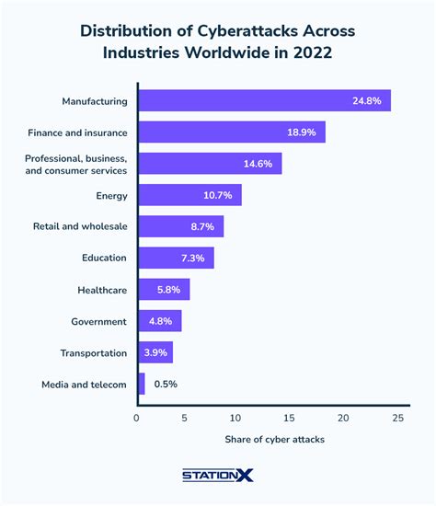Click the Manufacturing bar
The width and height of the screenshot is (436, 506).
coord(263,100)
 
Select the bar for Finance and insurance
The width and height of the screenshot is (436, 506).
coord(231,132)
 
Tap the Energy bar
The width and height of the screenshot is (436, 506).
coord(189,195)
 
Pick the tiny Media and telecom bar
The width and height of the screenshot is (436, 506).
coord(141,384)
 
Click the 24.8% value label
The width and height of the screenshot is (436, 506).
coord(367,100)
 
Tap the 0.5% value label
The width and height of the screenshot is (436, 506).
coord(166,384)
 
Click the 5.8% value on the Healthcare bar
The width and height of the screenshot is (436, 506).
coord(168,290)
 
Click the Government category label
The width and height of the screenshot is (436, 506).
coord(98,321)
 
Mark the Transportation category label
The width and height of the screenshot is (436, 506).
coord(93,352)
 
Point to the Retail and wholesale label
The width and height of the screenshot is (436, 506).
coord(79,226)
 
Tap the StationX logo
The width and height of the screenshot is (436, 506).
coord(218,475)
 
